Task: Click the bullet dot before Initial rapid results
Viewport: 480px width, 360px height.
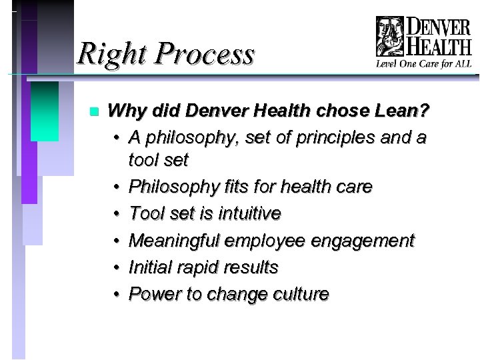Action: tap(116, 267)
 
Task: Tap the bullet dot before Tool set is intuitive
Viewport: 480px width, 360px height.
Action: tap(116, 214)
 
